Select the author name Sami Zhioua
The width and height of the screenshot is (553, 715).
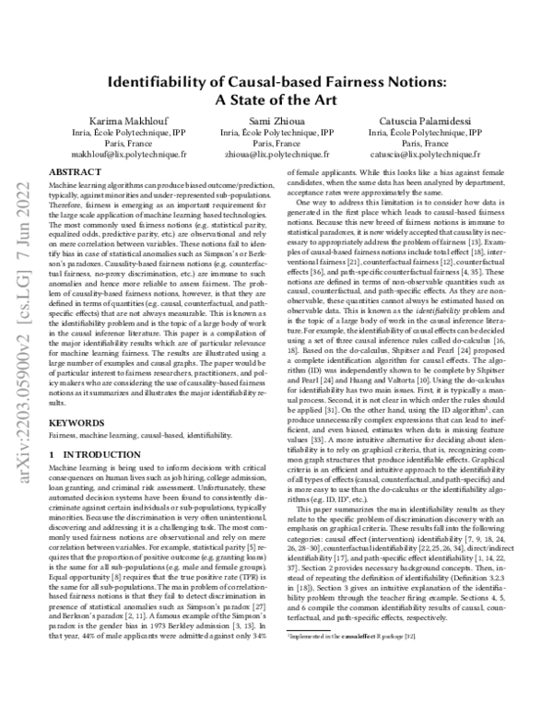coord(276,121)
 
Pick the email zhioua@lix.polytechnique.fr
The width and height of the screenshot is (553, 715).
coord(276,157)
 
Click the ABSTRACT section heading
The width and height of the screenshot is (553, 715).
coord(74,172)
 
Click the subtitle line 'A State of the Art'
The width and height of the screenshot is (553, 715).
coord(276,100)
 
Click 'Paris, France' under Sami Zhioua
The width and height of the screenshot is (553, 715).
coord(276,145)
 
